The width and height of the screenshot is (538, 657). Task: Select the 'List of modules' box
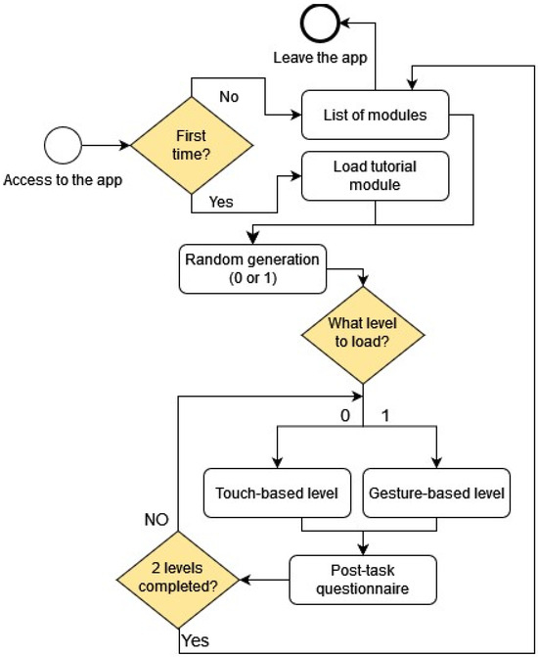pyautogui.click(x=375, y=115)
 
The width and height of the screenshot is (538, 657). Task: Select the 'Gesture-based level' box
pyautogui.click(x=435, y=493)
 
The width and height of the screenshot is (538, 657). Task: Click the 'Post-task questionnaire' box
pyautogui.click(x=363, y=578)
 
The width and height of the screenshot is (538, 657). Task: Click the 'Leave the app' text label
pyautogui.click(x=322, y=58)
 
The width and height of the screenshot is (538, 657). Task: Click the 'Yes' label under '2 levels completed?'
pyautogui.click(x=195, y=640)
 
